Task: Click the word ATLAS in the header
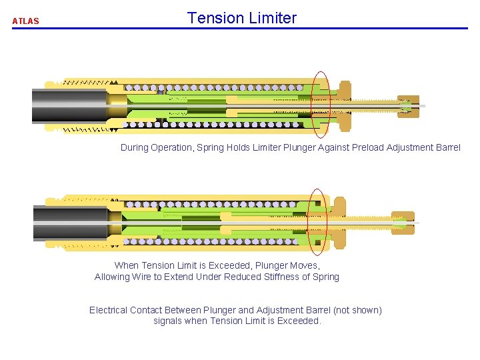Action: pyautogui.click(x=25, y=21)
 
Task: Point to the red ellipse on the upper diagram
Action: pyautogui.click(x=321, y=103)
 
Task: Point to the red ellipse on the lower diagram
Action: pyautogui.click(x=317, y=221)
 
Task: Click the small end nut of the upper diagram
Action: pyautogui.click(x=409, y=106)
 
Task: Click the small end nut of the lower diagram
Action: pyautogui.click(x=403, y=223)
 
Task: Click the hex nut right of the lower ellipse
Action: pyautogui.click(x=338, y=223)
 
